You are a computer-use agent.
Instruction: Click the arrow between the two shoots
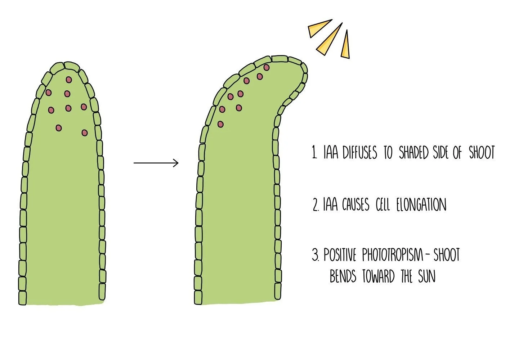click(156, 163)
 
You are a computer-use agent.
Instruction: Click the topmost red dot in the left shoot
click(68, 80)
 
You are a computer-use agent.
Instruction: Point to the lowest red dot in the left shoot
click(85, 133)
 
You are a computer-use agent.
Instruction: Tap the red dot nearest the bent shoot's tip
click(267, 67)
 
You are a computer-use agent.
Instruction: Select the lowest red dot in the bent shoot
click(220, 124)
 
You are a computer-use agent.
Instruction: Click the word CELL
click(383, 205)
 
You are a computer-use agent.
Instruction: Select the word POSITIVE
click(340, 256)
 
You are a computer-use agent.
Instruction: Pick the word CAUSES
click(356, 205)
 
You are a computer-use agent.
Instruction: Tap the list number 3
click(315, 256)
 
